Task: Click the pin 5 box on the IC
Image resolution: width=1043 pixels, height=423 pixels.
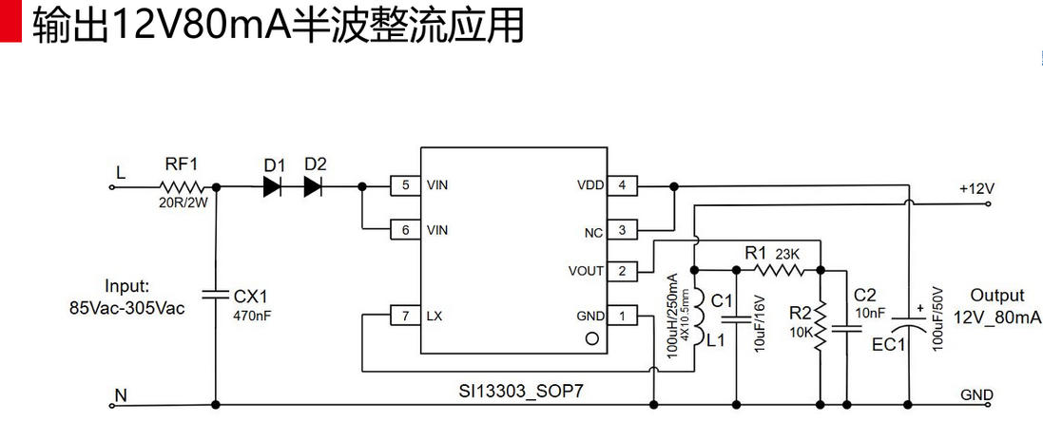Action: [x=406, y=185]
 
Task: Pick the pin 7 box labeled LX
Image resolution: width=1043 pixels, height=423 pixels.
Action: [x=406, y=315]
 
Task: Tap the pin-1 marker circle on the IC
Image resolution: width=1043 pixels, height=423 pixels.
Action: [x=590, y=338]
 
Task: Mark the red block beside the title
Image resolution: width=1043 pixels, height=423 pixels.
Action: [x=10, y=22]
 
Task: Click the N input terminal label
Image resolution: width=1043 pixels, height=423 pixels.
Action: [x=119, y=393]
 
